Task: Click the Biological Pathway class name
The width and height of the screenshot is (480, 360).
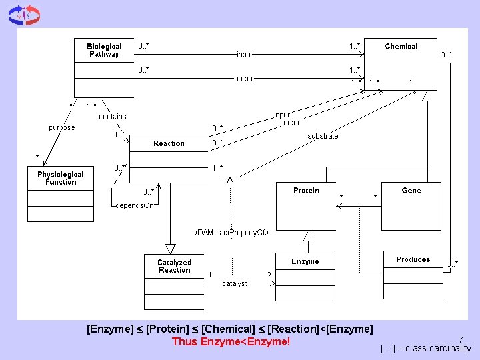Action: [103, 50]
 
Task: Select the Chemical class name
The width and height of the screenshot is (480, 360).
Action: [401, 47]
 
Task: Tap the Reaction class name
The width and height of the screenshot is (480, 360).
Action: [169, 143]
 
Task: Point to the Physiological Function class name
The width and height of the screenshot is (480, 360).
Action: [61, 178]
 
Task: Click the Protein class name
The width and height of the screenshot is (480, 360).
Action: [306, 191]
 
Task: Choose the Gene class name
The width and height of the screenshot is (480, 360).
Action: [411, 191]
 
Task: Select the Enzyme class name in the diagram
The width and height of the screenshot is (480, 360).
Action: [305, 262]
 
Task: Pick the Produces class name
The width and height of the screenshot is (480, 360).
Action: [413, 259]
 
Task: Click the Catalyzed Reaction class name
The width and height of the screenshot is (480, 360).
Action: [174, 266]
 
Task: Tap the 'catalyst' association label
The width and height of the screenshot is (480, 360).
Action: [235, 283]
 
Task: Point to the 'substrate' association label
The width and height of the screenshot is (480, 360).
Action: [323, 136]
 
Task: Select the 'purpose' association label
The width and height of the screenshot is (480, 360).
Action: [61, 127]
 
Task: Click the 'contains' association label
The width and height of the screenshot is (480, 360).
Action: [112, 117]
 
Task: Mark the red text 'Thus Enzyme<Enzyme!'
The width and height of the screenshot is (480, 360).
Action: [231, 342]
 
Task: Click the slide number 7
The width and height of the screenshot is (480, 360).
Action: [460, 339]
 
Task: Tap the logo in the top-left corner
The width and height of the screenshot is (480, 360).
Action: [24, 15]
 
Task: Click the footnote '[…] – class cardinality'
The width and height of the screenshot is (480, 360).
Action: [425, 349]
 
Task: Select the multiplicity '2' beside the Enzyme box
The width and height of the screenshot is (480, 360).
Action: [269, 275]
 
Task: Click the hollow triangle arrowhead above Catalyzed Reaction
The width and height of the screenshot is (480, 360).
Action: [170, 249]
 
